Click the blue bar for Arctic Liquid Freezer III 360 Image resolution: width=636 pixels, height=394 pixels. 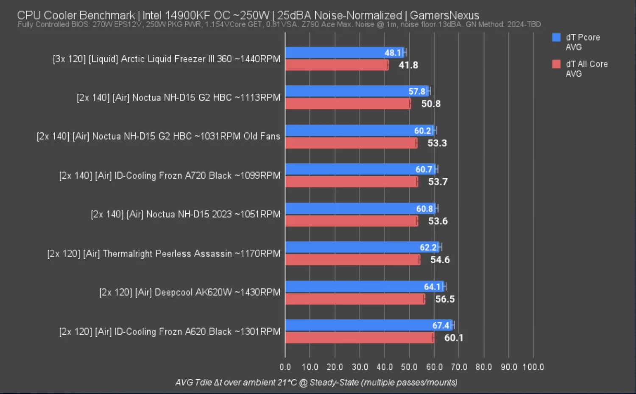[335, 53]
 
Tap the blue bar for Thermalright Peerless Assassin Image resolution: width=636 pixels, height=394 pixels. [352, 247]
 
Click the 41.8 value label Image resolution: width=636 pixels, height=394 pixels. [408, 65]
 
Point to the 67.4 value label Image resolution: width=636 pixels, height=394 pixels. [441, 325]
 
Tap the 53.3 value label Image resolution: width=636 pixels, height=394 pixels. [437, 143]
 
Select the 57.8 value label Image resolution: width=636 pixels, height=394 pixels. [417, 92]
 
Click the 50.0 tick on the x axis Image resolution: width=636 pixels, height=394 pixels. [409, 367]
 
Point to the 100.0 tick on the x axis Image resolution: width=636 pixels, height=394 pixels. [533, 367]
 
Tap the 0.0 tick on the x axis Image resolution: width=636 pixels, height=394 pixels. [285, 367]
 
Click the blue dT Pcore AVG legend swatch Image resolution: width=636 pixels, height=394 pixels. [556, 37]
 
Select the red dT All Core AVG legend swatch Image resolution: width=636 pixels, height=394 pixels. [556, 64]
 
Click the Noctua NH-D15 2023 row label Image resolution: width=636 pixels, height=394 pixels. [185, 215]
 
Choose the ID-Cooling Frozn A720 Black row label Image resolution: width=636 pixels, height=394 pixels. [170, 176]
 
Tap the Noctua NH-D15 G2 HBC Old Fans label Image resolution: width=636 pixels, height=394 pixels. [158, 137]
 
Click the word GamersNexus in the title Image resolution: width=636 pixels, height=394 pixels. [444, 15]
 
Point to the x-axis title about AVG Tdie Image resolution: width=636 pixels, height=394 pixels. [316, 383]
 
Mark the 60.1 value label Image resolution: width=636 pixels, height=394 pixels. [454, 338]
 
